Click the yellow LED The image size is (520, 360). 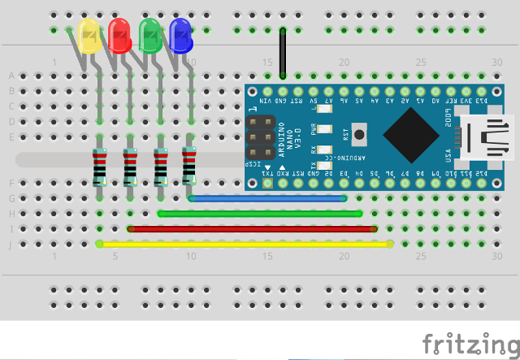89,37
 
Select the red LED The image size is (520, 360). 119,35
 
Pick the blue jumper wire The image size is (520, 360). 268,197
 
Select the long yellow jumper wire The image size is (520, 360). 244,243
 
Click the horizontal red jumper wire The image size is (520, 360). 252,228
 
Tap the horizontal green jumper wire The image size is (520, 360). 260,213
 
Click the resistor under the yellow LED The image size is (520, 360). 100,167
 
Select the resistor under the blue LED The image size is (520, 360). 190,166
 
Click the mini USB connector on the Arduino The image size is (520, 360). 487,135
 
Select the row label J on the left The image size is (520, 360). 11,244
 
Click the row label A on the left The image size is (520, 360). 11,76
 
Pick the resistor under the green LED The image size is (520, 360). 160,166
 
